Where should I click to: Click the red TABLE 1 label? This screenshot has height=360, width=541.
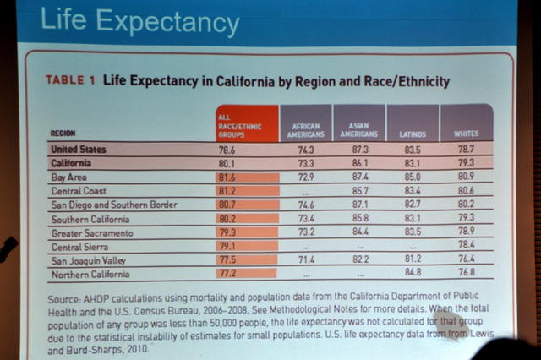click(x=71, y=82)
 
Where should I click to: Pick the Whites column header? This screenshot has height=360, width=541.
click(x=466, y=134)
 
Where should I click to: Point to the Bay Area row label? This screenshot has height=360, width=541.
click(x=72, y=177)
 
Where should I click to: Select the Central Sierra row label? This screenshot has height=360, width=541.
click(x=80, y=246)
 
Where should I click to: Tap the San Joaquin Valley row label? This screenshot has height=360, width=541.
click(x=90, y=260)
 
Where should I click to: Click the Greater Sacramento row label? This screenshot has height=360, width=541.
click(x=92, y=232)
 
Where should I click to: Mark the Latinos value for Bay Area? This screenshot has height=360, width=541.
click(x=413, y=177)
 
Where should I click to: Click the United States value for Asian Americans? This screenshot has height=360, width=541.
click(x=359, y=149)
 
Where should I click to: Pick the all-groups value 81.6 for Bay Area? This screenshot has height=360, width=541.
click(x=227, y=177)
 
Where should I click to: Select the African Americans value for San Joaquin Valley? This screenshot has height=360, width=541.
click(x=306, y=259)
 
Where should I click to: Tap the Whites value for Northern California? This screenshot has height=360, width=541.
click(x=466, y=272)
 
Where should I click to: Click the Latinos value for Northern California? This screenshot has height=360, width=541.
click(x=413, y=272)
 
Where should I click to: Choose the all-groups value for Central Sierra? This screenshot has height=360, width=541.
click(x=227, y=246)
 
